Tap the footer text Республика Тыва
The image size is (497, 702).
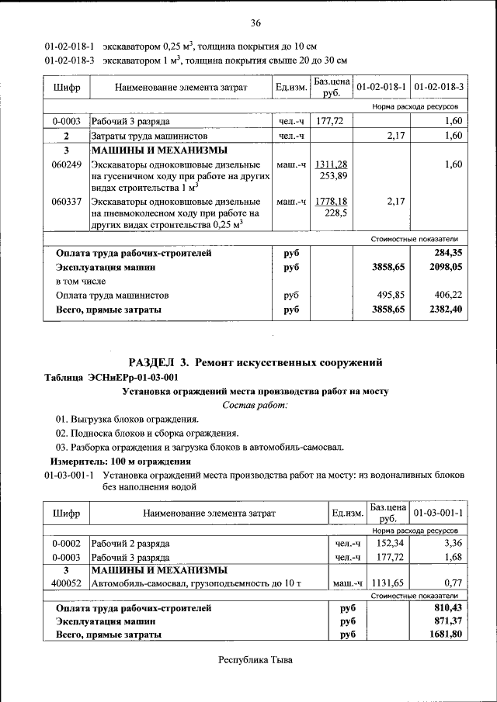click(x=255, y=660)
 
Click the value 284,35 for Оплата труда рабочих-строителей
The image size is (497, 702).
click(x=448, y=253)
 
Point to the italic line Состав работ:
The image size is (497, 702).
click(x=255, y=405)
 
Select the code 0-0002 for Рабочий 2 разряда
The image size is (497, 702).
click(x=67, y=543)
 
